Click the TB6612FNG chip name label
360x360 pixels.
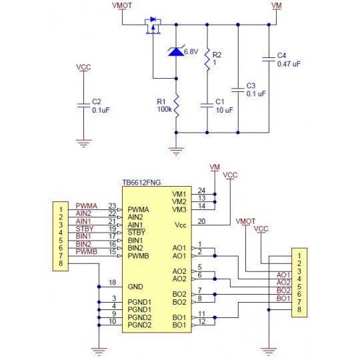(141, 181)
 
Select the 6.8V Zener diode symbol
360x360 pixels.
(175, 51)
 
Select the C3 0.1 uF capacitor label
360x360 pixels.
(255, 91)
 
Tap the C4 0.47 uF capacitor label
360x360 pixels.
(287, 59)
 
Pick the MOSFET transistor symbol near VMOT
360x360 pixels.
(153, 27)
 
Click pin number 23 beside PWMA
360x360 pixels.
(112, 206)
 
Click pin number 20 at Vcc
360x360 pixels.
(201, 221)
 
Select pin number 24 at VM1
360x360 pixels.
(201, 191)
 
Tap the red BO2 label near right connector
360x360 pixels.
(283, 290)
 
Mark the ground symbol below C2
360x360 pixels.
(83, 143)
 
